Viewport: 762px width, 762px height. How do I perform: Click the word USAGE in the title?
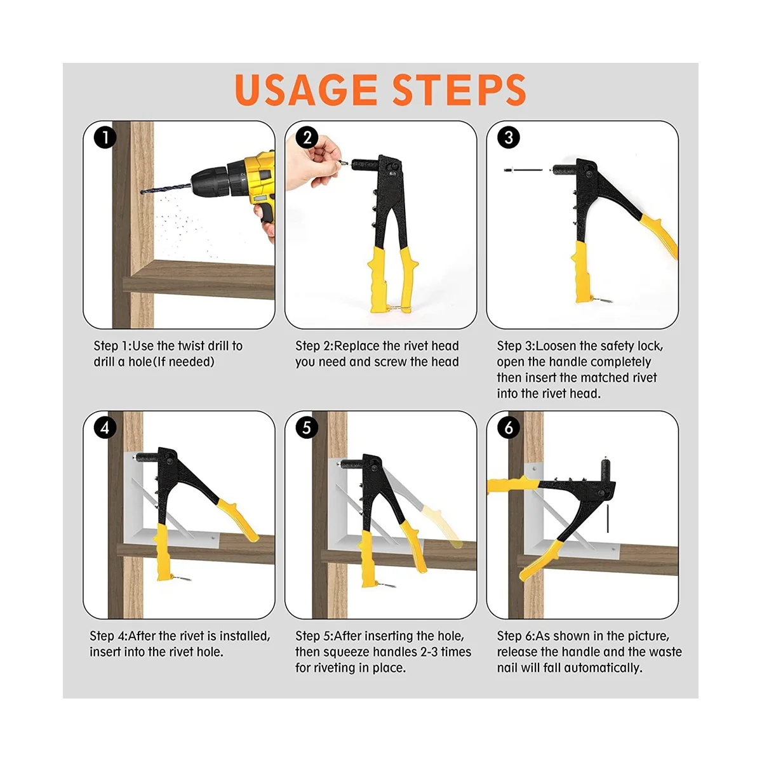tap(305, 90)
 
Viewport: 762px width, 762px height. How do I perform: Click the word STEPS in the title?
tap(459, 90)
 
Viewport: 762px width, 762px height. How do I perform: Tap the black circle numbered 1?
tap(105, 138)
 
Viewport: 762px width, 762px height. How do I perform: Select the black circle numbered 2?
tap(307, 138)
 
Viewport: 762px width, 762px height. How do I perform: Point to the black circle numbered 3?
tap(509, 138)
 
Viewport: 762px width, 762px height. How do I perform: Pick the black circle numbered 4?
tap(105, 427)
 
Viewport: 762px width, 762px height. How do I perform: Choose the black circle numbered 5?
tap(307, 427)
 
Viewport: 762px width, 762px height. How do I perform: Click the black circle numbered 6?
tap(509, 427)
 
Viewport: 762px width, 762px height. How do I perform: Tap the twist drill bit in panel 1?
tap(166, 189)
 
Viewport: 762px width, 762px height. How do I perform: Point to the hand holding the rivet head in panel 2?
tap(312, 162)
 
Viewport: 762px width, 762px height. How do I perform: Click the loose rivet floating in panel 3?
tap(523, 170)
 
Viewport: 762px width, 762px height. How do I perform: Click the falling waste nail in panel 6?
tap(608, 518)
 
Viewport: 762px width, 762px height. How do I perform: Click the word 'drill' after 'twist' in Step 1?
tap(225, 346)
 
